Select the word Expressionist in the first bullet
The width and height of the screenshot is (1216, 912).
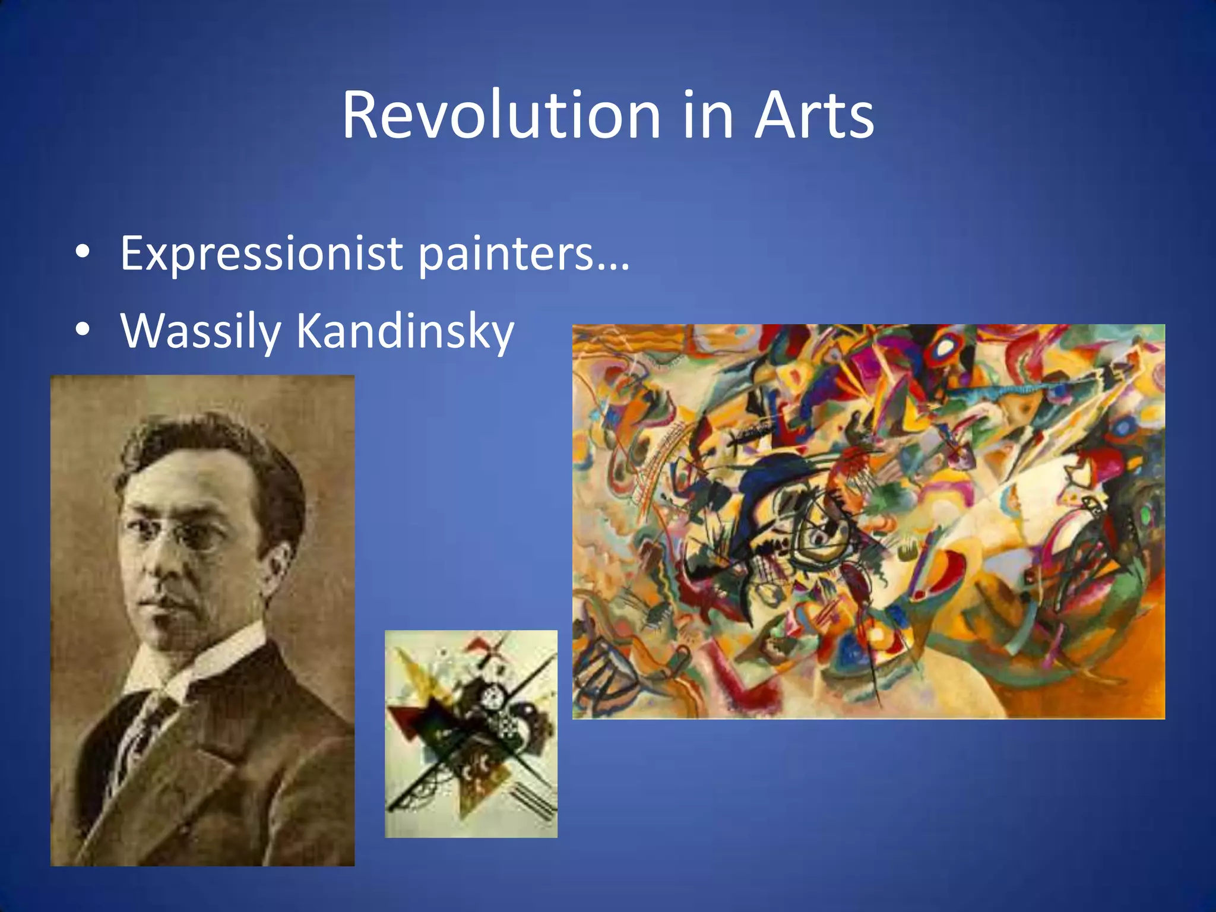coord(261,254)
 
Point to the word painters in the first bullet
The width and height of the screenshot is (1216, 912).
coord(505,254)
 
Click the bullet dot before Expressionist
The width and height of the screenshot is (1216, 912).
coord(83,252)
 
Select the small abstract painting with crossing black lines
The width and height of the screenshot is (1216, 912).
coord(471,734)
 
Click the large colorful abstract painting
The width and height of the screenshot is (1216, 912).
coord(868,521)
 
